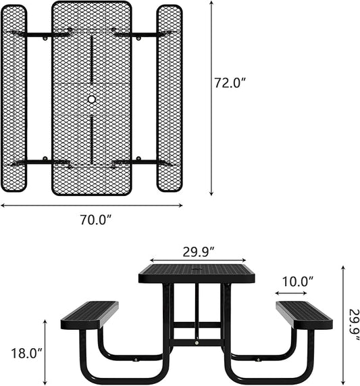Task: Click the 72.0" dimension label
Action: [x=230, y=83]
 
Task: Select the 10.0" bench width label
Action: [x=297, y=281]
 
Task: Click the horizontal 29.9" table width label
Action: [x=198, y=251]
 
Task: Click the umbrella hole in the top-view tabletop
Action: [x=92, y=99]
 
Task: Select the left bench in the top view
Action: [x=14, y=98]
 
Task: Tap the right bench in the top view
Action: [x=170, y=98]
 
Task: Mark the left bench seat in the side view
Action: [x=89, y=315]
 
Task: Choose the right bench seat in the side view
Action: [x=304, y=315]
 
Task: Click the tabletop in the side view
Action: [x=197, y=274]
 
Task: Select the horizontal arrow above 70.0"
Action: [x=91, y=206]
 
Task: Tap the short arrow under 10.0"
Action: [x=291, y=293]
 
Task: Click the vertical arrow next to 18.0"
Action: [x=46, y=351]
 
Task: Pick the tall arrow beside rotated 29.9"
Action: [x=343, y=324]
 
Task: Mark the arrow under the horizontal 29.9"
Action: [x=198, y=260]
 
